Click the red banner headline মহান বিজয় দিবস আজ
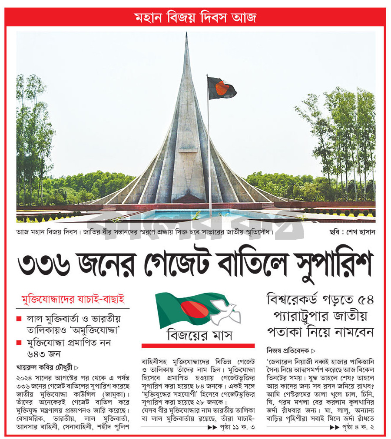195,18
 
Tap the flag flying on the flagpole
222,89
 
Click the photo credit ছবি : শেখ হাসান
352,232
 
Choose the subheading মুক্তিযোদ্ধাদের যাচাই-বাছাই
73,299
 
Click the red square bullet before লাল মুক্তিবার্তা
19,319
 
